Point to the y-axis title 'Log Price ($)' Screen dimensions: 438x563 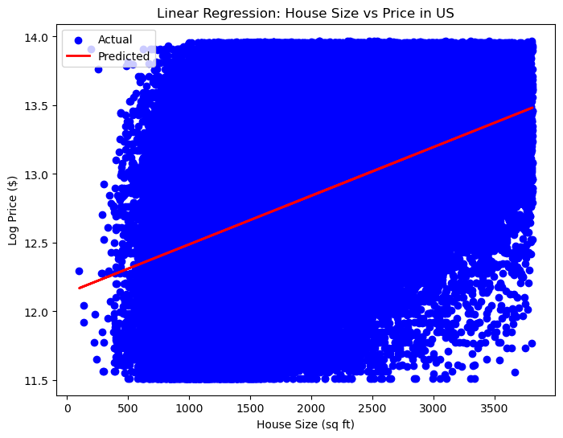pos(12,209)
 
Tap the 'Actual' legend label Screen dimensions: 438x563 pos(115,39)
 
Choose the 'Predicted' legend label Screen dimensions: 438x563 pos(124,56)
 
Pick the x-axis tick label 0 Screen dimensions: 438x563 pos(68,406)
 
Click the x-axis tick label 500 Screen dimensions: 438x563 pos(129,406)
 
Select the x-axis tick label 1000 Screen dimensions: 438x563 pos(189,406)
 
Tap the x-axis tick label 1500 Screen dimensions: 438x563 pos(250,406)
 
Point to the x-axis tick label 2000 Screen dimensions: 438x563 pos(311,406)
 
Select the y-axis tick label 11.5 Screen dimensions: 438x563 pos(42,380)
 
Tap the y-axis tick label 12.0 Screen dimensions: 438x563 pos(42,312)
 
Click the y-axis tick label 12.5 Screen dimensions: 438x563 pos(42,244)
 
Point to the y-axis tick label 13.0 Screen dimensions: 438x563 pos(42,174)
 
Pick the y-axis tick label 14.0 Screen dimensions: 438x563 pos(42,38)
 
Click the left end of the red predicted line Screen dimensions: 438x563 pos(80,288)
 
